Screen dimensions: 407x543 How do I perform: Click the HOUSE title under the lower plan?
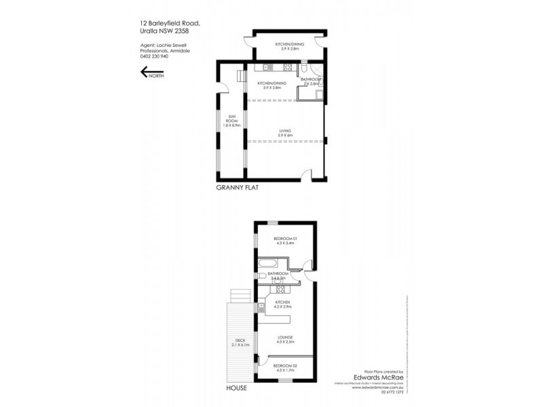click(237, 389)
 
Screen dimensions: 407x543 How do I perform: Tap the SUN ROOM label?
click(231, 121)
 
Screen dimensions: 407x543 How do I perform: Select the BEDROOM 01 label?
click(286, 241)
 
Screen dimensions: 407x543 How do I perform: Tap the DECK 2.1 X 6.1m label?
click(241, 343)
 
